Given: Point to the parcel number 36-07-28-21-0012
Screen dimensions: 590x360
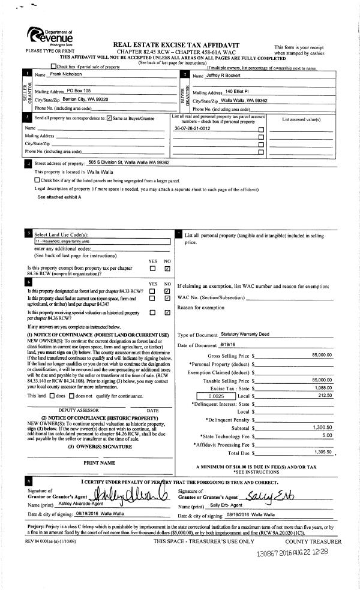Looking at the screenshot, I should [x=192, y=129].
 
